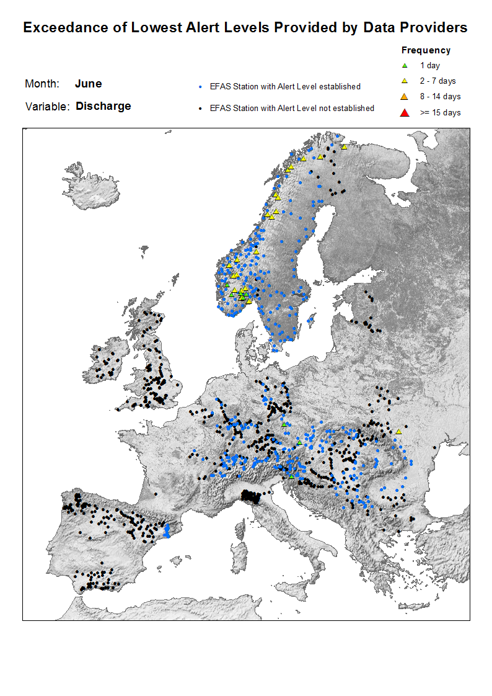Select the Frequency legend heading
coord(426,50)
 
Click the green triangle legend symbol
coord(405,65)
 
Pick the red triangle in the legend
coord(405,112)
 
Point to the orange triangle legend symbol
coord(405,97)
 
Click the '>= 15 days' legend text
coord(441,113)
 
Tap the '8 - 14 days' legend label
coord(441,97)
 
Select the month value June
coord(88,84)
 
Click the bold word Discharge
coord(103,106)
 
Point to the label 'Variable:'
coord(47,107)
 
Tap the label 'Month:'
coord(42,84)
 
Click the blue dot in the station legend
coord(200,87)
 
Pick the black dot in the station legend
coord(200,108)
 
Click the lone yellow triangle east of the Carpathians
coord(399,431)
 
